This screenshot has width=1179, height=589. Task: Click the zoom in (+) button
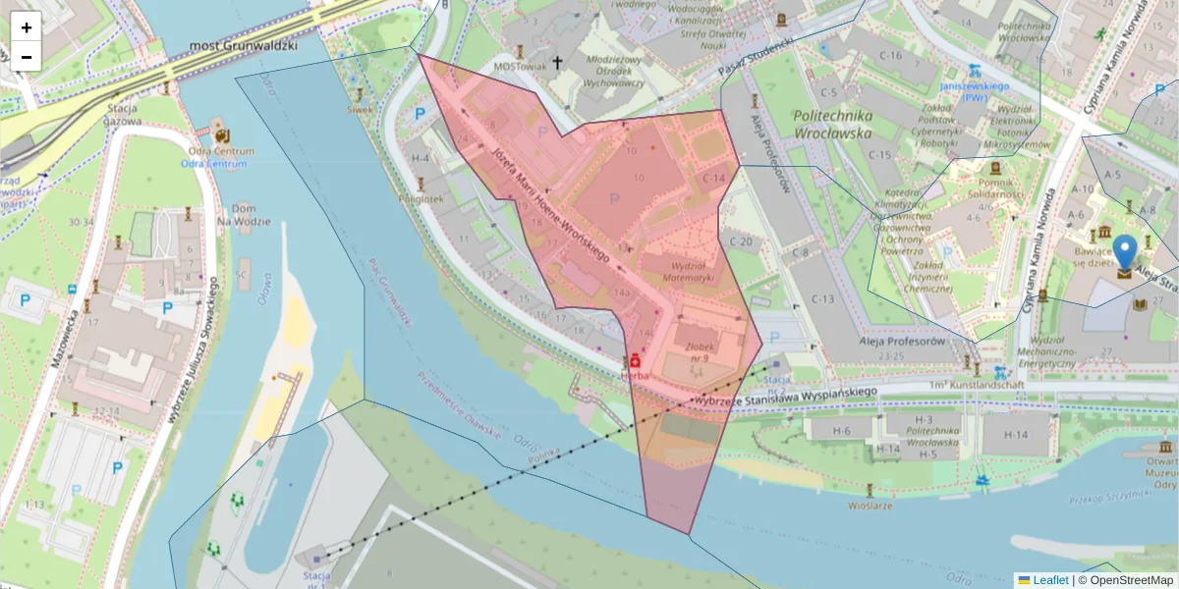pos(27,27)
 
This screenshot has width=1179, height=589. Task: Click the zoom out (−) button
pos(27,57)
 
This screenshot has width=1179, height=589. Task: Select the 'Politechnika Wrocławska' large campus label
pos(832,123)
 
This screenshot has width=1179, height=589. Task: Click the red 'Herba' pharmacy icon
pos(635,361)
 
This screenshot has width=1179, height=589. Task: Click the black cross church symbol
pos(557,62)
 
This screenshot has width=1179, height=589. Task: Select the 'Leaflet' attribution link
pos(1049,580)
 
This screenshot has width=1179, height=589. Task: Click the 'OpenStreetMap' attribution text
pos(1125,580)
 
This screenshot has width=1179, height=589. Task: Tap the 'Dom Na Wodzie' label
pos(245,215)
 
